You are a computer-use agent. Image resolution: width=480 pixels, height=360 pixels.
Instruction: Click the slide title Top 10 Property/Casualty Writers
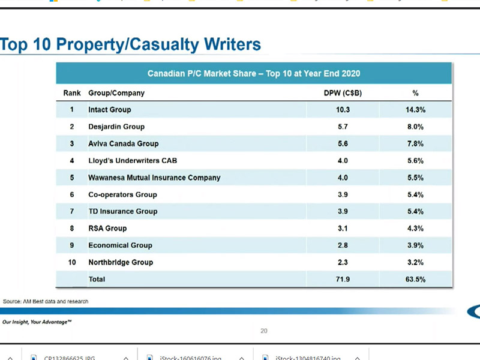(131, 44)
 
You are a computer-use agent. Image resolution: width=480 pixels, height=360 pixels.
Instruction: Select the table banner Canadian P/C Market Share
(254, 74)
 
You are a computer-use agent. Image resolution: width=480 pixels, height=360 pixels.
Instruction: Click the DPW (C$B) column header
(343, 93)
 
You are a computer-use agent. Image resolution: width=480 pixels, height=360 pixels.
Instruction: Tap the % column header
(415, 93)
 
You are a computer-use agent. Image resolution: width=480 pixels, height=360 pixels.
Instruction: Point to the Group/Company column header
(116, 93)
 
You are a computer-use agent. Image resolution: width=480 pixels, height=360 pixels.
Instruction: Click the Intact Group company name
(109, 110)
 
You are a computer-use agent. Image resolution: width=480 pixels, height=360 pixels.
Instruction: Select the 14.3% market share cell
(415, 110)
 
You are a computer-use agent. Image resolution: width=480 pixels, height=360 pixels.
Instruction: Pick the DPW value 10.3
(343, 110)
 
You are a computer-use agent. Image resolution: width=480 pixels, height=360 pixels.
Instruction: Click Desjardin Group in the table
(116, 127)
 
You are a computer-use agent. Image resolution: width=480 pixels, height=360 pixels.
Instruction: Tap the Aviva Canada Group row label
(124, 143)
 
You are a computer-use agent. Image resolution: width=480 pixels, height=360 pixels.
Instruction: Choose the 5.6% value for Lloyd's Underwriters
(415, 161)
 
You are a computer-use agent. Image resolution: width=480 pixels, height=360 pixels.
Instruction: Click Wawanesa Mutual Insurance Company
(154, 178)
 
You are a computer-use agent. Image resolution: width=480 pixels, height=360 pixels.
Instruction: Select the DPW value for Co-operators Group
(343, 194)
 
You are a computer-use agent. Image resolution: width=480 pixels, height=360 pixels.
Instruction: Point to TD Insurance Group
(123, 211)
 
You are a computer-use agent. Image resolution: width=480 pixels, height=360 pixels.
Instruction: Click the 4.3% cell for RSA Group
(415, 228)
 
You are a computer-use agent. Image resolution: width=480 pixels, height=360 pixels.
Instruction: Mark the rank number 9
(71, 245)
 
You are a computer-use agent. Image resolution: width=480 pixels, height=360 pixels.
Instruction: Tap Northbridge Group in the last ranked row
(121, 262)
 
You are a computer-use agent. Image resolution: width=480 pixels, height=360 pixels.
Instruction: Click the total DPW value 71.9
(343, 279)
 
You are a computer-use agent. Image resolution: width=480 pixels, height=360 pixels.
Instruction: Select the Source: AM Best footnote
(46, 301)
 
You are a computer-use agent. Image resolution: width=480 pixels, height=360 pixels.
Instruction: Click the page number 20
(264, 331)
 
